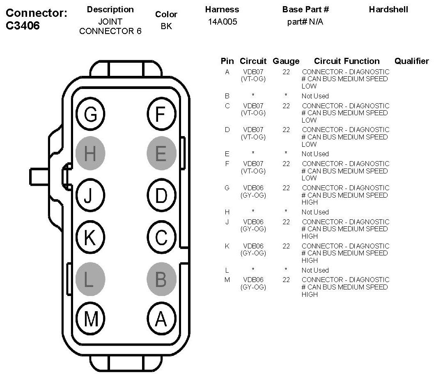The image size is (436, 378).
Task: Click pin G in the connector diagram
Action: coord(91,114)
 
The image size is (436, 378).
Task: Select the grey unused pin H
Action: coord(91,154)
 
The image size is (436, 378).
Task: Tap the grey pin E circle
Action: coord(161,154)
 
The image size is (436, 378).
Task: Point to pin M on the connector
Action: coord(91,319)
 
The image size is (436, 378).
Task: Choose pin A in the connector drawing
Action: coord(161,319)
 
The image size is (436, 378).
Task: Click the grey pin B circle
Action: coord(161,279)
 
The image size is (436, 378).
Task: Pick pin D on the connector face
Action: coord(161,196)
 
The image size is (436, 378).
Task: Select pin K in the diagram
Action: coord(91,237)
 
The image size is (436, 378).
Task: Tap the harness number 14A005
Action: coord(223,22)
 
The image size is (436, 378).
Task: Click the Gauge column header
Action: coord(286,61)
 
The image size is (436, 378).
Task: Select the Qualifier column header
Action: coord(411,61)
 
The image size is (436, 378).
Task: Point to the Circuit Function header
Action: coord(347,61)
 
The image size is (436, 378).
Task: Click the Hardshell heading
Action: coord(388,9)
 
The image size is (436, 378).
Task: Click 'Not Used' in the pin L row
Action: coord(315,270)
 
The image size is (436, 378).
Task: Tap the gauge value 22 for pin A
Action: coord(286,72)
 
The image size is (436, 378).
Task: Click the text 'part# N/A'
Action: coord(305,22)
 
